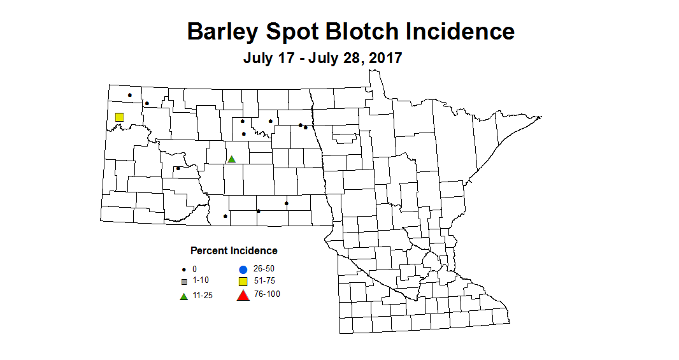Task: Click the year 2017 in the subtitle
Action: pos(383,58)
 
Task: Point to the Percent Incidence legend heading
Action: pos(234,250)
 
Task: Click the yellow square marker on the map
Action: pos(119,117)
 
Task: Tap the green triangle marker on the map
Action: pos(232,159)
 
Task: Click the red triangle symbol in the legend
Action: pos(243,295)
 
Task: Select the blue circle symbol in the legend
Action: pos(243,270)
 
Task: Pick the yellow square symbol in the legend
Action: pos(243,282)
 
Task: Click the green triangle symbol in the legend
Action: pos(183,296)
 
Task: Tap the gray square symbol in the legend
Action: pos(183,281)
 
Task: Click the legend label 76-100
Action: pos(266,294)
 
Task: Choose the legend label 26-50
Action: pos(264,268)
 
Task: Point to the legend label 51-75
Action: pos(264,280)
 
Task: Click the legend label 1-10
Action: pos(201,280)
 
